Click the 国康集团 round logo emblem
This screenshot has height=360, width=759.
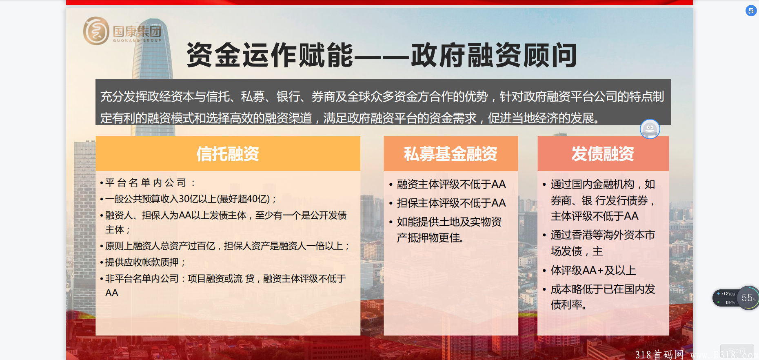click(96, 31)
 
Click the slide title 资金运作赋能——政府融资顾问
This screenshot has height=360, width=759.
click(382, 55)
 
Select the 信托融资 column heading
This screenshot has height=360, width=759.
click(228, 154)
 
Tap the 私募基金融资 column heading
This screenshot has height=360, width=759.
click(451, 154)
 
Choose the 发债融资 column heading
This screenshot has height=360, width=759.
click(603, 154)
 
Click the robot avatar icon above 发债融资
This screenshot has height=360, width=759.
click(650, 129)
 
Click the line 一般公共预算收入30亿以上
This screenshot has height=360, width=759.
click(188, 199)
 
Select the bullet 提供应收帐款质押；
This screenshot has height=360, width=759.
click(143, 262)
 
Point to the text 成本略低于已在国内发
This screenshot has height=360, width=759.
click(603, 289)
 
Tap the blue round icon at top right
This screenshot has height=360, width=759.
click(751, 11)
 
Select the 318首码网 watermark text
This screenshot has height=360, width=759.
click(659, 354)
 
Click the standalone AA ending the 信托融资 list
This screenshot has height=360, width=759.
click(112, 293)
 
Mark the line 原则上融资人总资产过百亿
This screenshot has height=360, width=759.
click(225, 246)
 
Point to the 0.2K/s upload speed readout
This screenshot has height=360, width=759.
click(728, 293)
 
